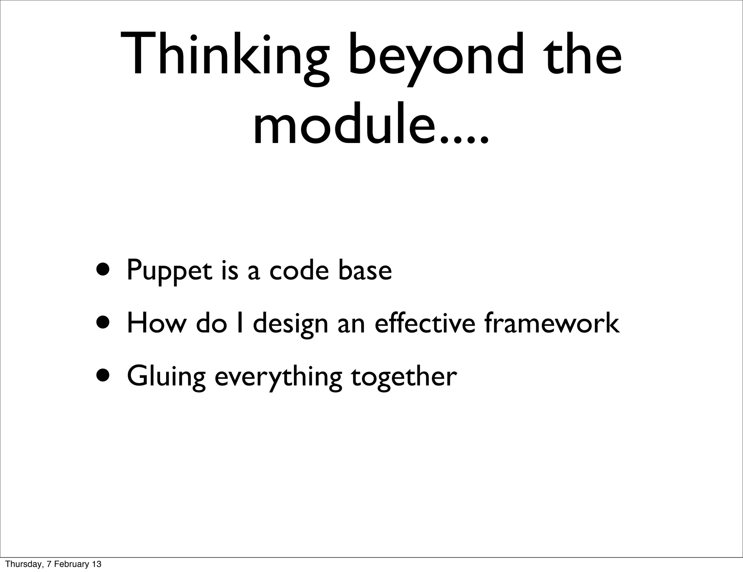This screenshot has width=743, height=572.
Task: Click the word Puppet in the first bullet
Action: point(169,271)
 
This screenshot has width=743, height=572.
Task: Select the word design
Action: point(290,324)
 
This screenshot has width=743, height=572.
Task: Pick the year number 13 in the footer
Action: point(97,564)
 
